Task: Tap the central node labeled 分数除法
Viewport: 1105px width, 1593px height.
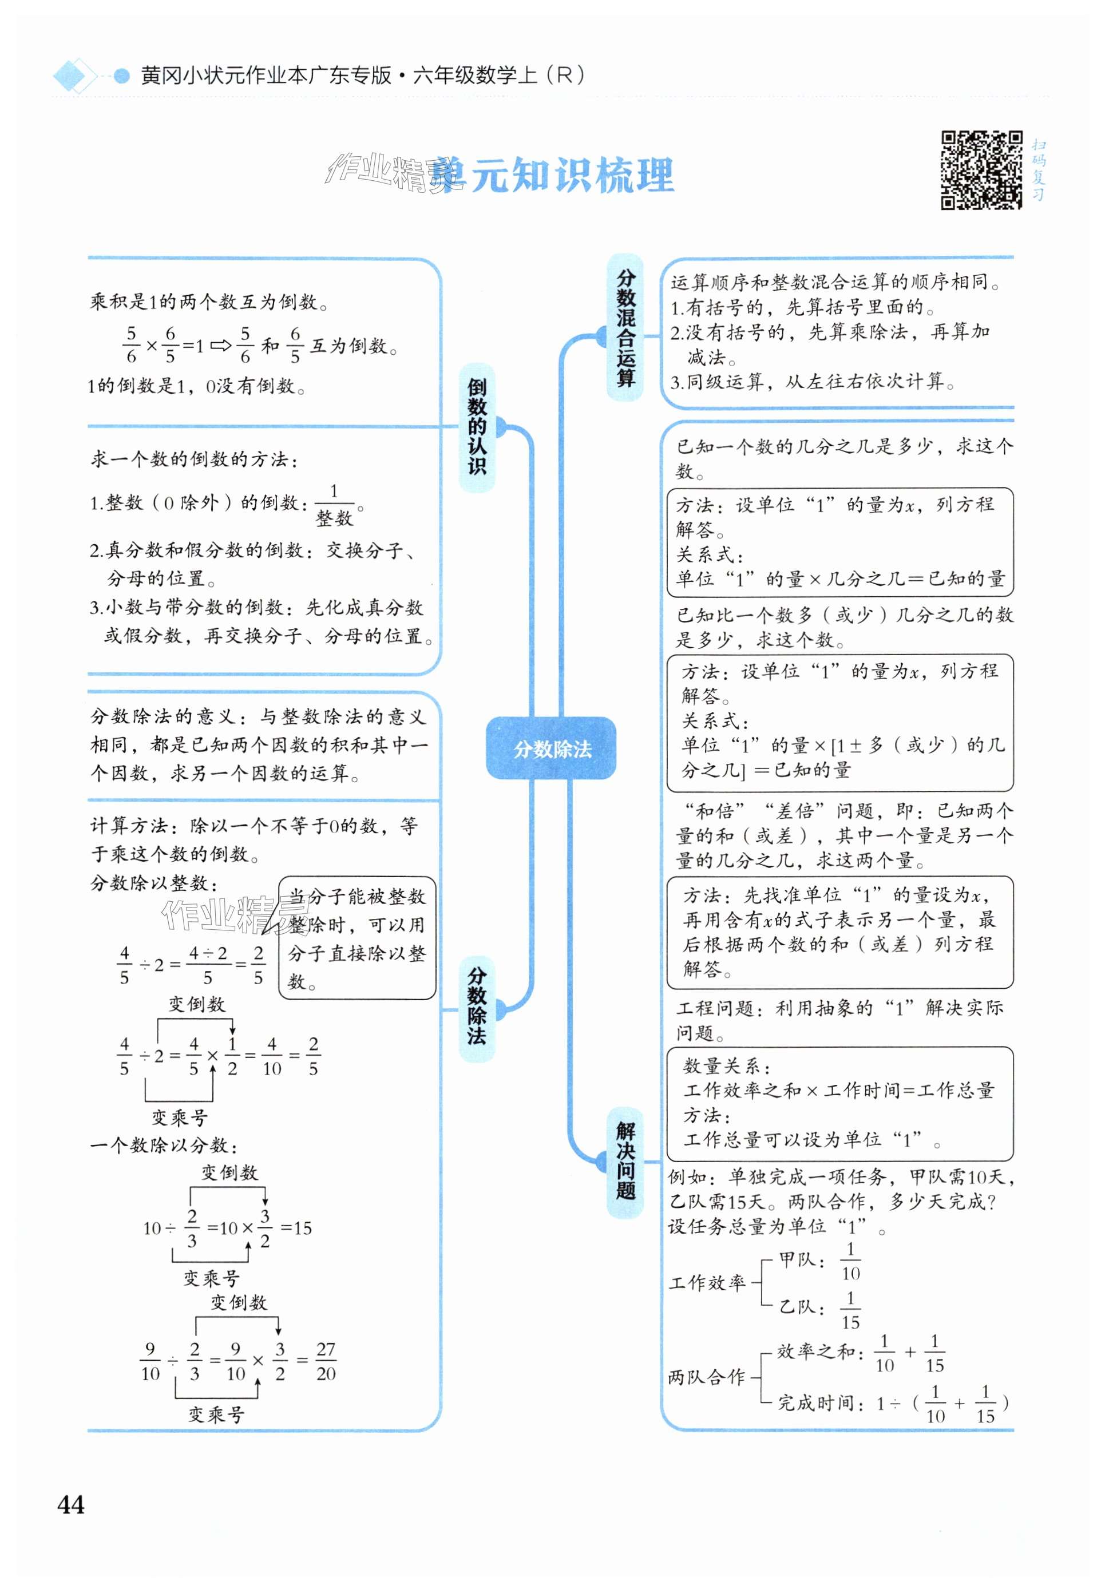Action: tap(551, 748)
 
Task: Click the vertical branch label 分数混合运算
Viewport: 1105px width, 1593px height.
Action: tap(625, 327)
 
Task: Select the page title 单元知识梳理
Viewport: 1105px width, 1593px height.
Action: tap(554, 175)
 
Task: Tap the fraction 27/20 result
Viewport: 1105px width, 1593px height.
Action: tap(326, 1361)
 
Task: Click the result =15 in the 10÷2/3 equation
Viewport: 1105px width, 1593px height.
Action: tap(296, 1228)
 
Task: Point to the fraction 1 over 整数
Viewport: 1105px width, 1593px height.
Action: tap(334, 505)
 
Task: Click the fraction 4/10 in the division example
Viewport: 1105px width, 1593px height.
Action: tap(272, 1056)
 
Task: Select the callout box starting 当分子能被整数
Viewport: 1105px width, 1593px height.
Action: tap(357, 938)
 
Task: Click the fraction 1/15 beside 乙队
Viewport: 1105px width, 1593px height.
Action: tap(850, 1310)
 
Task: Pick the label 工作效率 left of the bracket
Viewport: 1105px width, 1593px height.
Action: tap(707, 1283)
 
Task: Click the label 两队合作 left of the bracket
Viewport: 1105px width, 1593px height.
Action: tap(706, 1377)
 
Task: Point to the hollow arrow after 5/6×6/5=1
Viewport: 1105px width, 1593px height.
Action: tap(221, 346)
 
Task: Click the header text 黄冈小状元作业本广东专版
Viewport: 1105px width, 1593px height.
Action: tap(266, 75)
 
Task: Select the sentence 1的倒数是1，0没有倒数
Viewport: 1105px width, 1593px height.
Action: tap(197, 386)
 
